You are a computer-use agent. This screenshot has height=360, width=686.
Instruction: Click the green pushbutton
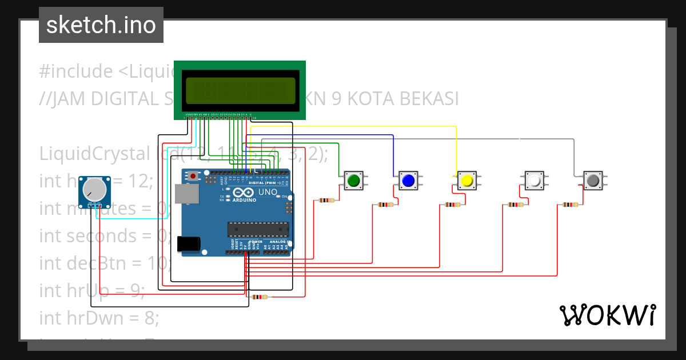click(x=353, y=181)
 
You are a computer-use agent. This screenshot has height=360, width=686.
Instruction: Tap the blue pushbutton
click(x=408, y=181)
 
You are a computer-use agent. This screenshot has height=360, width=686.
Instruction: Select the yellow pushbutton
click(x=466, y=181)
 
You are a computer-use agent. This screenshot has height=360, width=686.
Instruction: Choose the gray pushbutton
click(x=593, y=181)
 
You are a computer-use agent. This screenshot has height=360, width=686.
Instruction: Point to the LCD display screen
click(x=240, y=90)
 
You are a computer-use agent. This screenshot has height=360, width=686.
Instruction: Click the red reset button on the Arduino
click(x=194, y=175)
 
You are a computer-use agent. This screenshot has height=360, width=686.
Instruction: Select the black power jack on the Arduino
click(x=189, y=244)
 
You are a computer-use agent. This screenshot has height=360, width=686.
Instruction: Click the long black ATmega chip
click(x=256, y=229)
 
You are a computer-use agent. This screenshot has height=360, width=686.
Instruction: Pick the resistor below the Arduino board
click(x=259, y=297)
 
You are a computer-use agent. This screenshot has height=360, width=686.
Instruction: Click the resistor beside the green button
click(x=326, y=201)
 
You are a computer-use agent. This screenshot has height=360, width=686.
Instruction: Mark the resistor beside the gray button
click(x=571, y=205)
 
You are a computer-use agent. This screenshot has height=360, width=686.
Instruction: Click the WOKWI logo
click(x=607, y=315)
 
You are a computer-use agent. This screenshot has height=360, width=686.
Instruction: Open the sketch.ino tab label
click(x=101, y=25)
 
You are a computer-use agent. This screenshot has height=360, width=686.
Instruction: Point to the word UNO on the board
click(x=268, y=192)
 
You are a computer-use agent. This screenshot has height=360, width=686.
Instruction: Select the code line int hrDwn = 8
click(x=99, y=318)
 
